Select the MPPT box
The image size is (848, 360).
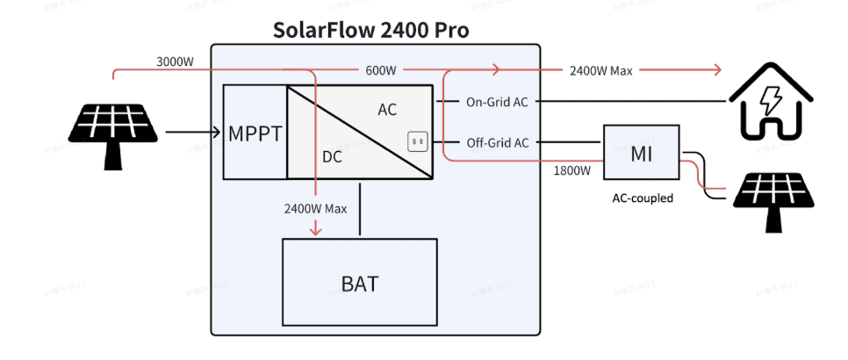[x=255, y=133]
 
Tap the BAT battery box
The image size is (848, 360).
[x=359, y=283]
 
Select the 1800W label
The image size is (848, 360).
[x=571, y=170]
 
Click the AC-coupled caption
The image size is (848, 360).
[x=643, y=198]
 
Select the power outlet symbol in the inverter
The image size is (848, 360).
[x=416, y=141]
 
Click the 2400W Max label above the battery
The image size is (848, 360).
[x=315, y=209]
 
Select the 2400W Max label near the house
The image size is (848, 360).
[x=600, y=70]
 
